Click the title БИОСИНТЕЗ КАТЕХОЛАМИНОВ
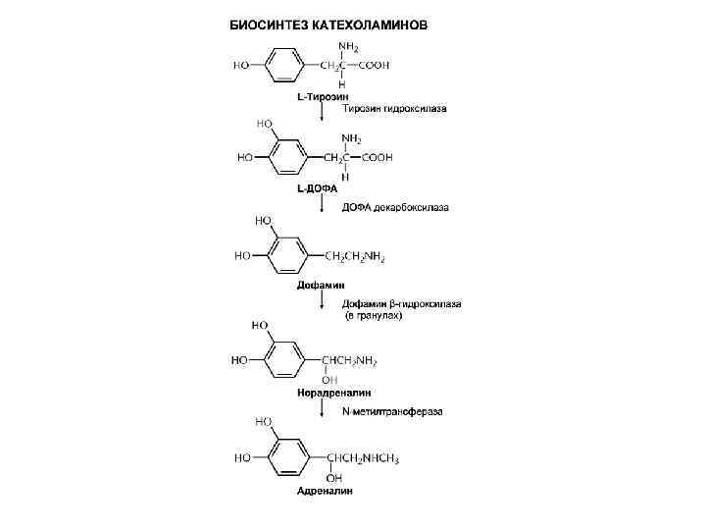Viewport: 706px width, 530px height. pyautogui.click(x=328, y=25)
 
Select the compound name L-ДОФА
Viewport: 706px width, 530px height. pyautogui.click(x=318, y=187)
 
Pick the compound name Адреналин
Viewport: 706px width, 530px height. pyautogui.click(x=325, y=490)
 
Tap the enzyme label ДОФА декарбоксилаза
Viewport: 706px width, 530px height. pyautogui.click(x=394, y=208)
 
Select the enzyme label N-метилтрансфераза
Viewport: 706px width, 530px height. pyautogui.click(x=391, y=411)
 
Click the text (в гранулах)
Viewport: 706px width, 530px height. pyautogui.click(x=373, y=315)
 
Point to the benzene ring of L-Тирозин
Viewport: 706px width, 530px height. pyautogui.click(x=284, y=66)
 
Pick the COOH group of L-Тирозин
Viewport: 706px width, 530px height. pyautogui.click(x=376, y=66)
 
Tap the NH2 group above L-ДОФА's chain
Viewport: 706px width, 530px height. pyautogui.click(x=350, y=138)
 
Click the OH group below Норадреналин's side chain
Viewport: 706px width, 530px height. pyautogui.click(x=330, y=379)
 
